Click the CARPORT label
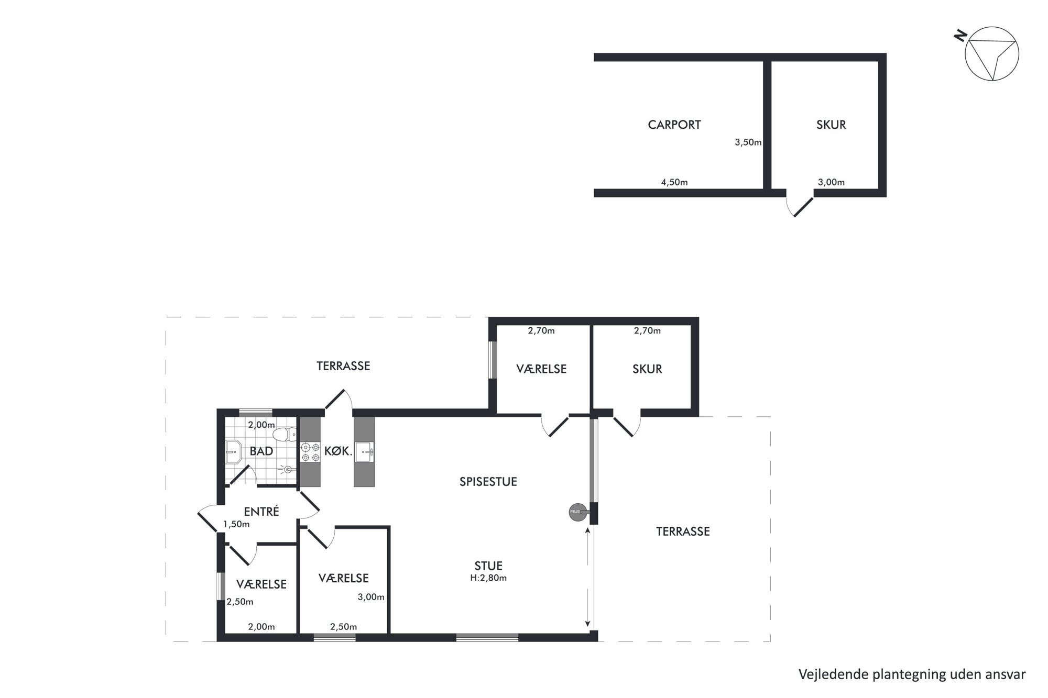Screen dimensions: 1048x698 674,125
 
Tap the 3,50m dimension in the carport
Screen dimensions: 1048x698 748,142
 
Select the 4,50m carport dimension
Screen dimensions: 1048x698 674,182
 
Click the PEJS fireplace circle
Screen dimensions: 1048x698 577,512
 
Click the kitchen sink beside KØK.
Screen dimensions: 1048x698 364,452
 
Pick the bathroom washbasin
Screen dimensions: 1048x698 233,451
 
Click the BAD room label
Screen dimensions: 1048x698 261,451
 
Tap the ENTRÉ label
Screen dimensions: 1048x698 261,512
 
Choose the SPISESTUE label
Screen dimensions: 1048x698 488,482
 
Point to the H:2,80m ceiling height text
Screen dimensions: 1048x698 488,578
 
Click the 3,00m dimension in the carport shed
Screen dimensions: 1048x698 831,182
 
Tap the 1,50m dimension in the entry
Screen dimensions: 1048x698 236,524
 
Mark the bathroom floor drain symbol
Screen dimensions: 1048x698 287,470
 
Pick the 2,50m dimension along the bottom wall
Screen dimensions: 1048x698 343,627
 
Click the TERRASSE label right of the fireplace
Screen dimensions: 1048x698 683,531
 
